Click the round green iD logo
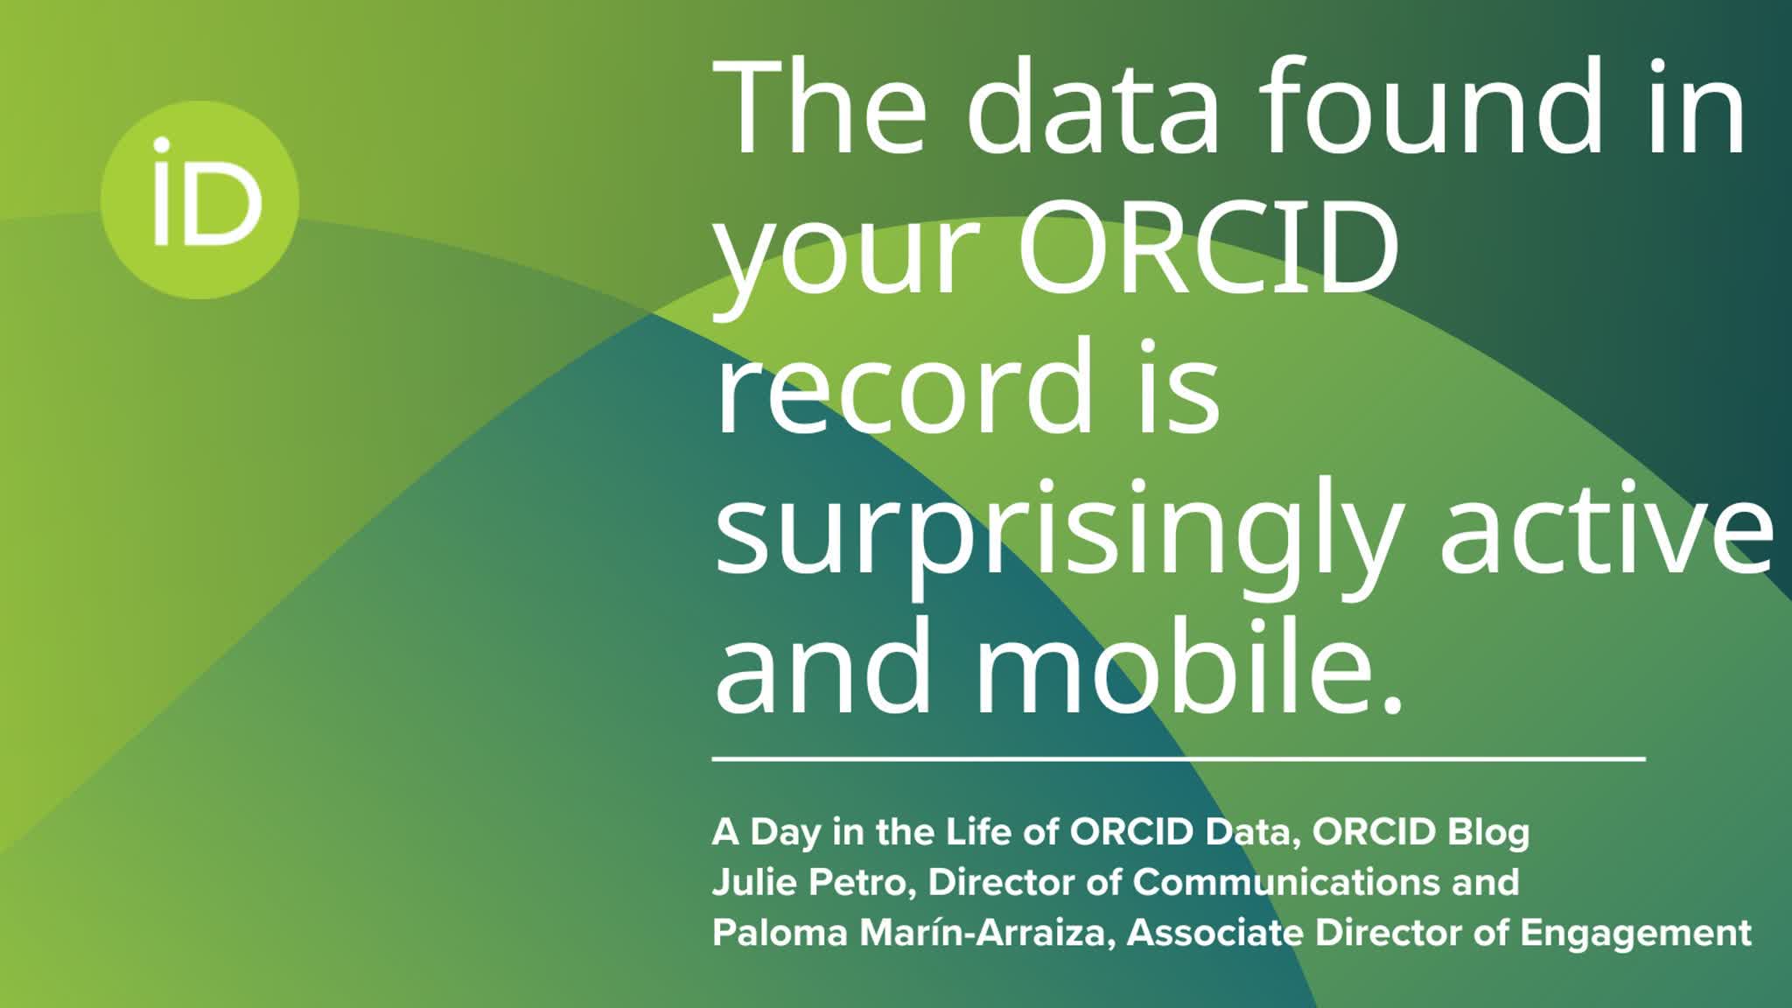199,199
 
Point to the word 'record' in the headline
906,386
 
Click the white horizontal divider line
1179,759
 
